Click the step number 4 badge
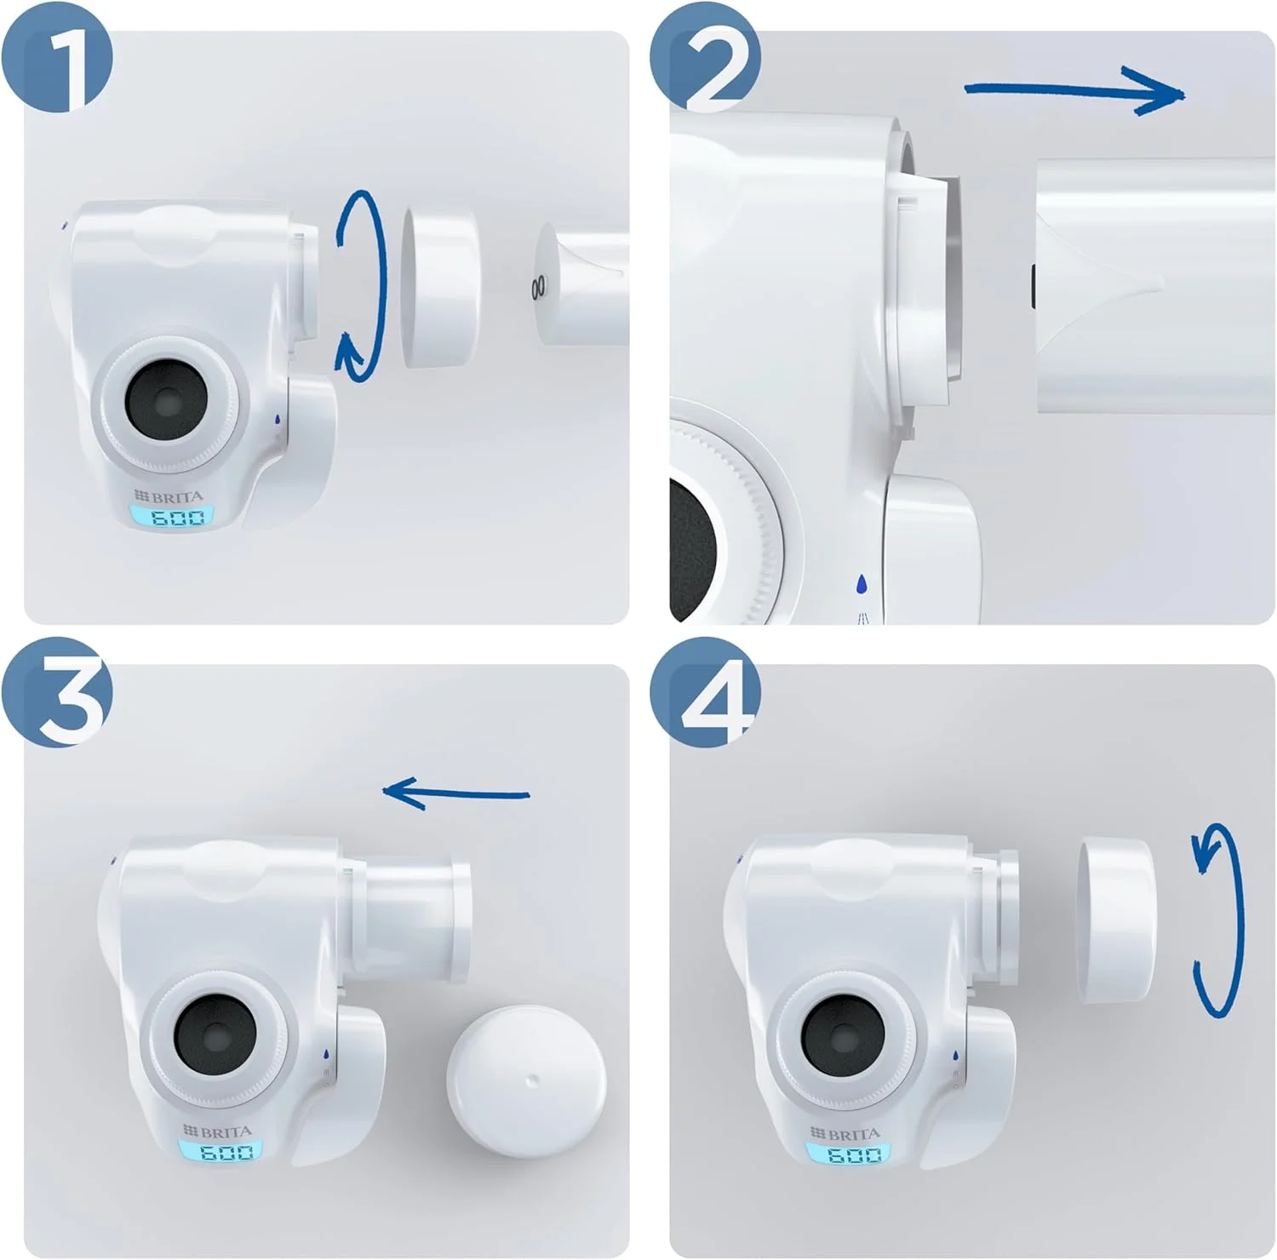coord(705,691)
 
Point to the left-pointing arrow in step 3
coord(455,793)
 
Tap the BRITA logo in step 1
coord(169,495)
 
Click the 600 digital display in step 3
coord(220,1151)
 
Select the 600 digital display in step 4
coord(848,1154)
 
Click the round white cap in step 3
coord(526,1081)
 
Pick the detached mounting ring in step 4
coord(1116,919)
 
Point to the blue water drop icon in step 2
coord(862,584)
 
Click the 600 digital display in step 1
coord(170,517)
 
